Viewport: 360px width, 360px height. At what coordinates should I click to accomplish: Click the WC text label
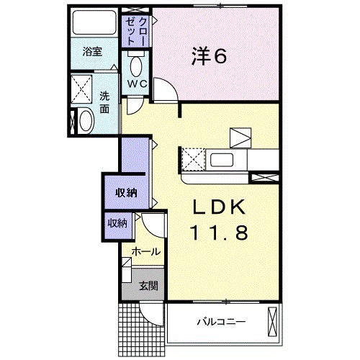137,84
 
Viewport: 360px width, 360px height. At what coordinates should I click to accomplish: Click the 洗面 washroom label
104,102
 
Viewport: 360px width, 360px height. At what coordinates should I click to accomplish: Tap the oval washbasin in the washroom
84,120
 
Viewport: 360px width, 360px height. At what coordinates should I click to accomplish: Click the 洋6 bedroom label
209,56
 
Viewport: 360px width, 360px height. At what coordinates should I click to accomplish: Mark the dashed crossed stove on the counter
193,158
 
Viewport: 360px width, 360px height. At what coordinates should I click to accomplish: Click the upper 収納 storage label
127,192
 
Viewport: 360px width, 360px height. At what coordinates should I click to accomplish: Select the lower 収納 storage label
117,223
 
